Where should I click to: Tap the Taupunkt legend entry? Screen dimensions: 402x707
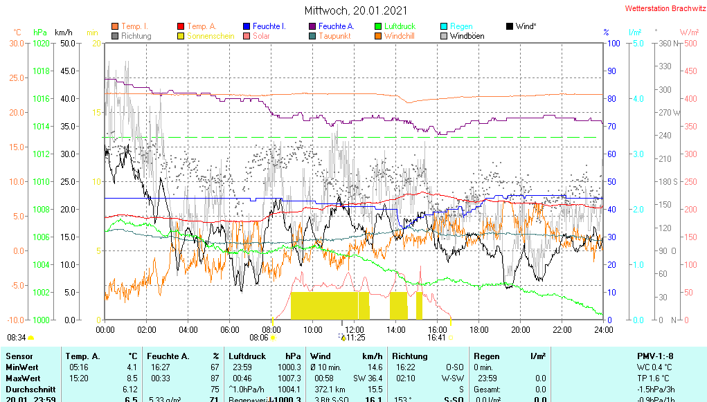[x=334, y=36]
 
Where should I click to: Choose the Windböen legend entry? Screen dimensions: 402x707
[x=467, y=36]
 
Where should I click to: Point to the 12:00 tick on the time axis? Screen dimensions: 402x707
[x=355, y=329]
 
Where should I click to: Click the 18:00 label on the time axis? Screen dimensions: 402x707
[x=479, y=329]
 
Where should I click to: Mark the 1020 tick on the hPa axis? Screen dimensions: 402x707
[x=41, y=43]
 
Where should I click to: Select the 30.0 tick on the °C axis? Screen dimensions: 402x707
[x=16, y=43]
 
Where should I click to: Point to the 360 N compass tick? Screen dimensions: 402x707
[x=663, y=43]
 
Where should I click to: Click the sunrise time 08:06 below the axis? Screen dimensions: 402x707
[x=258, y=338]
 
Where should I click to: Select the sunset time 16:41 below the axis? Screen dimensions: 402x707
[x=436, y=338]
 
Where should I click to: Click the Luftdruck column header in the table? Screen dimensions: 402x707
[x=247, y=356]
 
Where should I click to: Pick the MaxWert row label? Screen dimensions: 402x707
[x=22, y=378]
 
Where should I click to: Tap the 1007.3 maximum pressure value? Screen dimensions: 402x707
[x=289, y=378]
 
